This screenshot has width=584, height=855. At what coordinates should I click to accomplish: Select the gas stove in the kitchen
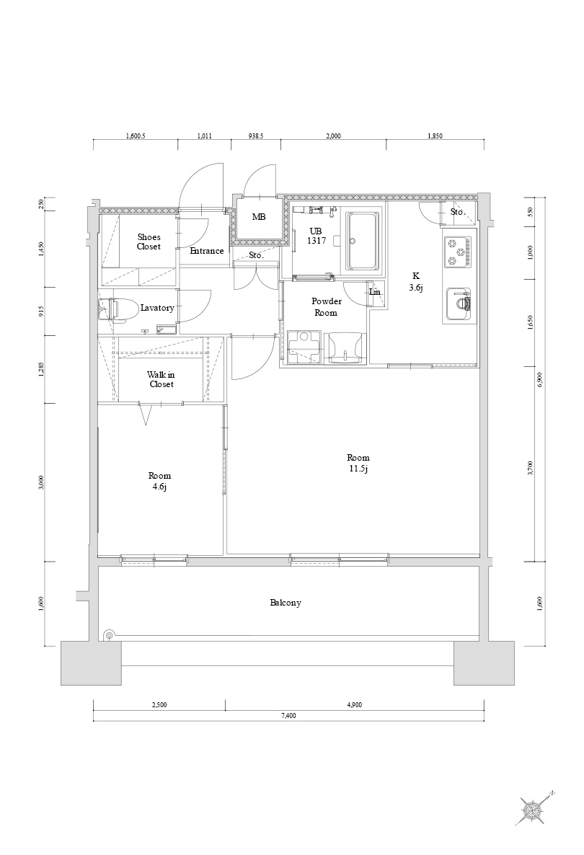[x=459, y=252]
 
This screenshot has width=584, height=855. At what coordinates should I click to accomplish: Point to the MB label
[x=258, y=217]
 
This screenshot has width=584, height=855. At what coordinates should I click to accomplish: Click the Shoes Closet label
[x=149, y=242]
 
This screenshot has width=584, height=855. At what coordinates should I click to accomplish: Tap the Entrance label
[x=207, y=251]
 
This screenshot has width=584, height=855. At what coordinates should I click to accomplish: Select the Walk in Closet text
[x=161, y=379]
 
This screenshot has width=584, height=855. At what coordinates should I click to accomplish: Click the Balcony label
[x=286, y=603]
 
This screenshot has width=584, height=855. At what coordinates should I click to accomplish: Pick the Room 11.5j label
[x=358, y=464]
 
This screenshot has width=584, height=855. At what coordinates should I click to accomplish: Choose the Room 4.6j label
[x=159, y=482]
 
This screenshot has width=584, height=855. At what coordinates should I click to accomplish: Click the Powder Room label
[x=326, y=307]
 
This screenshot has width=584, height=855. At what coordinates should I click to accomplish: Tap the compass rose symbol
[x=534, y=810]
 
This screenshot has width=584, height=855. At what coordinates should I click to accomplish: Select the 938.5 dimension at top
[x=255, y=136]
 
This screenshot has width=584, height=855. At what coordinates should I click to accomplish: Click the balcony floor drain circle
[x=109, y=635]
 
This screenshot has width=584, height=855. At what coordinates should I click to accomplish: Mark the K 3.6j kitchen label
[x=416, y=281]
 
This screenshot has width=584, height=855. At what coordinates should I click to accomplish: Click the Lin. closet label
[x=375, y=292]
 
